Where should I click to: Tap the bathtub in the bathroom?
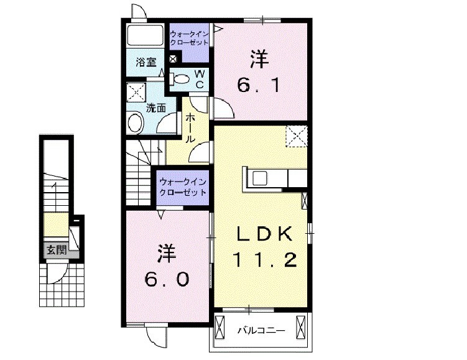(x=146, y=36)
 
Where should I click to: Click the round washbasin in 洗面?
(x=135, y=123)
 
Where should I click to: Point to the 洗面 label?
(x=155, y=108)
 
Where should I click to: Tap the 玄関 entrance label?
(x=55, y=250)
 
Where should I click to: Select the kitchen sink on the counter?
(x=258, y=178)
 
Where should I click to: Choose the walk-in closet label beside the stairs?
(x=182, y=187)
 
